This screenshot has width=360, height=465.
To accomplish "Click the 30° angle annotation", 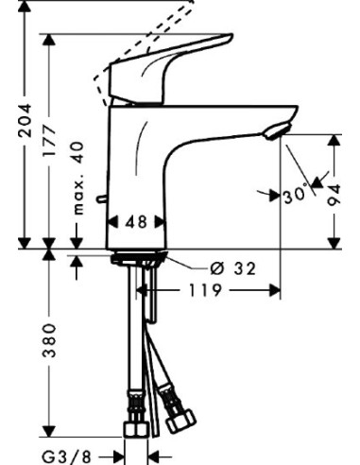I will (x=295, y=197).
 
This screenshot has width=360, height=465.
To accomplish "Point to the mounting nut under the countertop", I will (x=137, y=258).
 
